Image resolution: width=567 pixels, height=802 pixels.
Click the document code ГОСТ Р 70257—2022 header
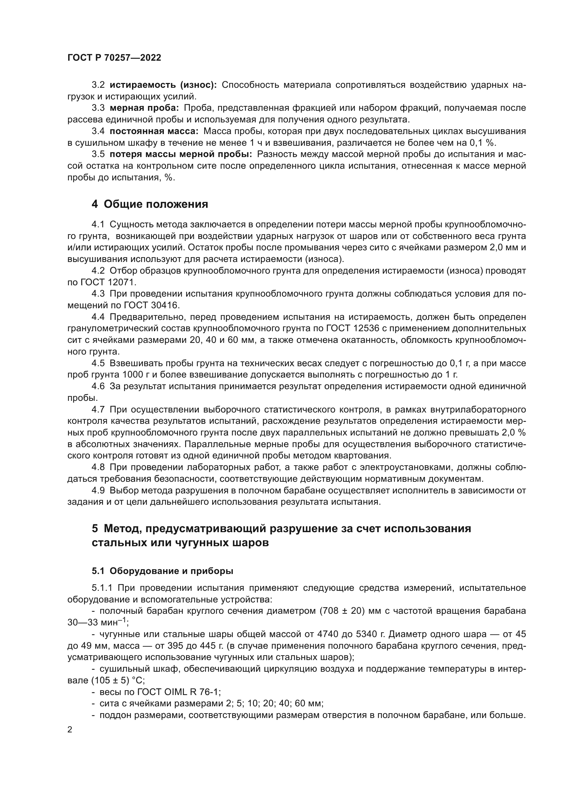(114, 58)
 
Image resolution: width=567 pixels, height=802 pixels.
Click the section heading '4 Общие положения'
(150, 204)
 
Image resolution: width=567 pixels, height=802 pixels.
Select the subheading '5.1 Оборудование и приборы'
(162, 571)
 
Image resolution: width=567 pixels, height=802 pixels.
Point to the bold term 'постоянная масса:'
(154, 131)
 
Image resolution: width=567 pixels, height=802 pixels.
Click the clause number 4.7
(98, 409)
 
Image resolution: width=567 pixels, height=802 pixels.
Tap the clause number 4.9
(98, 490)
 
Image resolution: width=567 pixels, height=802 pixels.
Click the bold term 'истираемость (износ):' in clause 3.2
(163, 85)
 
